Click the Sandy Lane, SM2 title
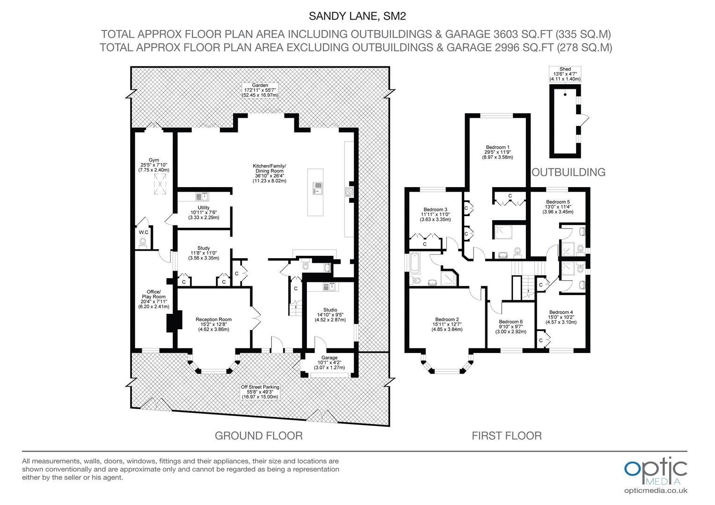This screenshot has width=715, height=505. [x=357, y=16]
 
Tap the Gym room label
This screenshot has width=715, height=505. [x=153, y=165]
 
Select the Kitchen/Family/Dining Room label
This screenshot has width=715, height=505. [x=270, y=173]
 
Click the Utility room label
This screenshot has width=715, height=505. [x=204, y=212]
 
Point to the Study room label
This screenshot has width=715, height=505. [x=204, y=253]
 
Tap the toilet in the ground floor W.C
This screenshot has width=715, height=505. [x=143, y=243]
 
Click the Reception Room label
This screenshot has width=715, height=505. [x=213, y=324]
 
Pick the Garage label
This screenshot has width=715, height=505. [x=329, y=362]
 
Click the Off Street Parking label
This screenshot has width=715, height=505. [x=260, y=392]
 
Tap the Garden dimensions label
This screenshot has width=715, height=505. [x=260, y=90]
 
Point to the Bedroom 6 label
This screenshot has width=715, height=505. [x=511, y=326]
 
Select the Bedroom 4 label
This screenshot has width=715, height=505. [x=561, y=317]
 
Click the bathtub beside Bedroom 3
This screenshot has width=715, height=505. [x=414, y=263]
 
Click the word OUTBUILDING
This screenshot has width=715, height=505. [x=569, y=172]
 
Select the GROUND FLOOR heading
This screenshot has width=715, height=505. [x=259, y=436]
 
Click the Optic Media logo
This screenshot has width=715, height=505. [x=656, y=476]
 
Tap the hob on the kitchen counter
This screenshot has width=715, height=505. [x=349, y=191]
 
